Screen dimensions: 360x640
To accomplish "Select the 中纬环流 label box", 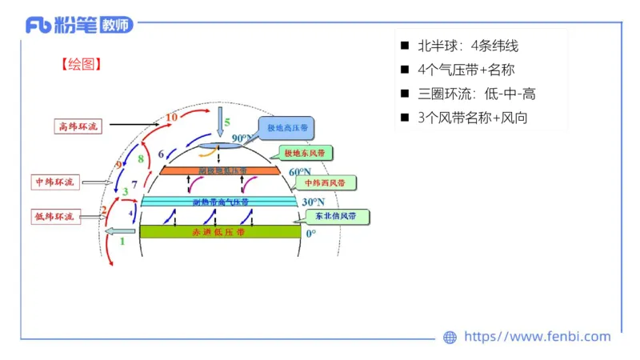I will (54, 182).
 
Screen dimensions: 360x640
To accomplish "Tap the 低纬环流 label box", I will (54, 216).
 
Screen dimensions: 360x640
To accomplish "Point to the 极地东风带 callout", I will (308, 153).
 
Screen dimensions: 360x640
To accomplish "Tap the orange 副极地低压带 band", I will (219, 170).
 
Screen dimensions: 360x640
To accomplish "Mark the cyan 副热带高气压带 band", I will (219, 202).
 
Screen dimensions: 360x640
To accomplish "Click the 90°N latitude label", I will (242, 138).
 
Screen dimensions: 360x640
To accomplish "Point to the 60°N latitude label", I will (299, 172).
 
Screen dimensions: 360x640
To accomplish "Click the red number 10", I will (171, 118).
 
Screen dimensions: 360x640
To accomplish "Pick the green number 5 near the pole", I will (226, 122).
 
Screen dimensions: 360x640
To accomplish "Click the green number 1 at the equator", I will (122, 240).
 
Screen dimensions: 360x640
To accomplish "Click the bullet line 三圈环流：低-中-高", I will (477, 94).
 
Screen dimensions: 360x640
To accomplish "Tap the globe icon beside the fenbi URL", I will (450, 338).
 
